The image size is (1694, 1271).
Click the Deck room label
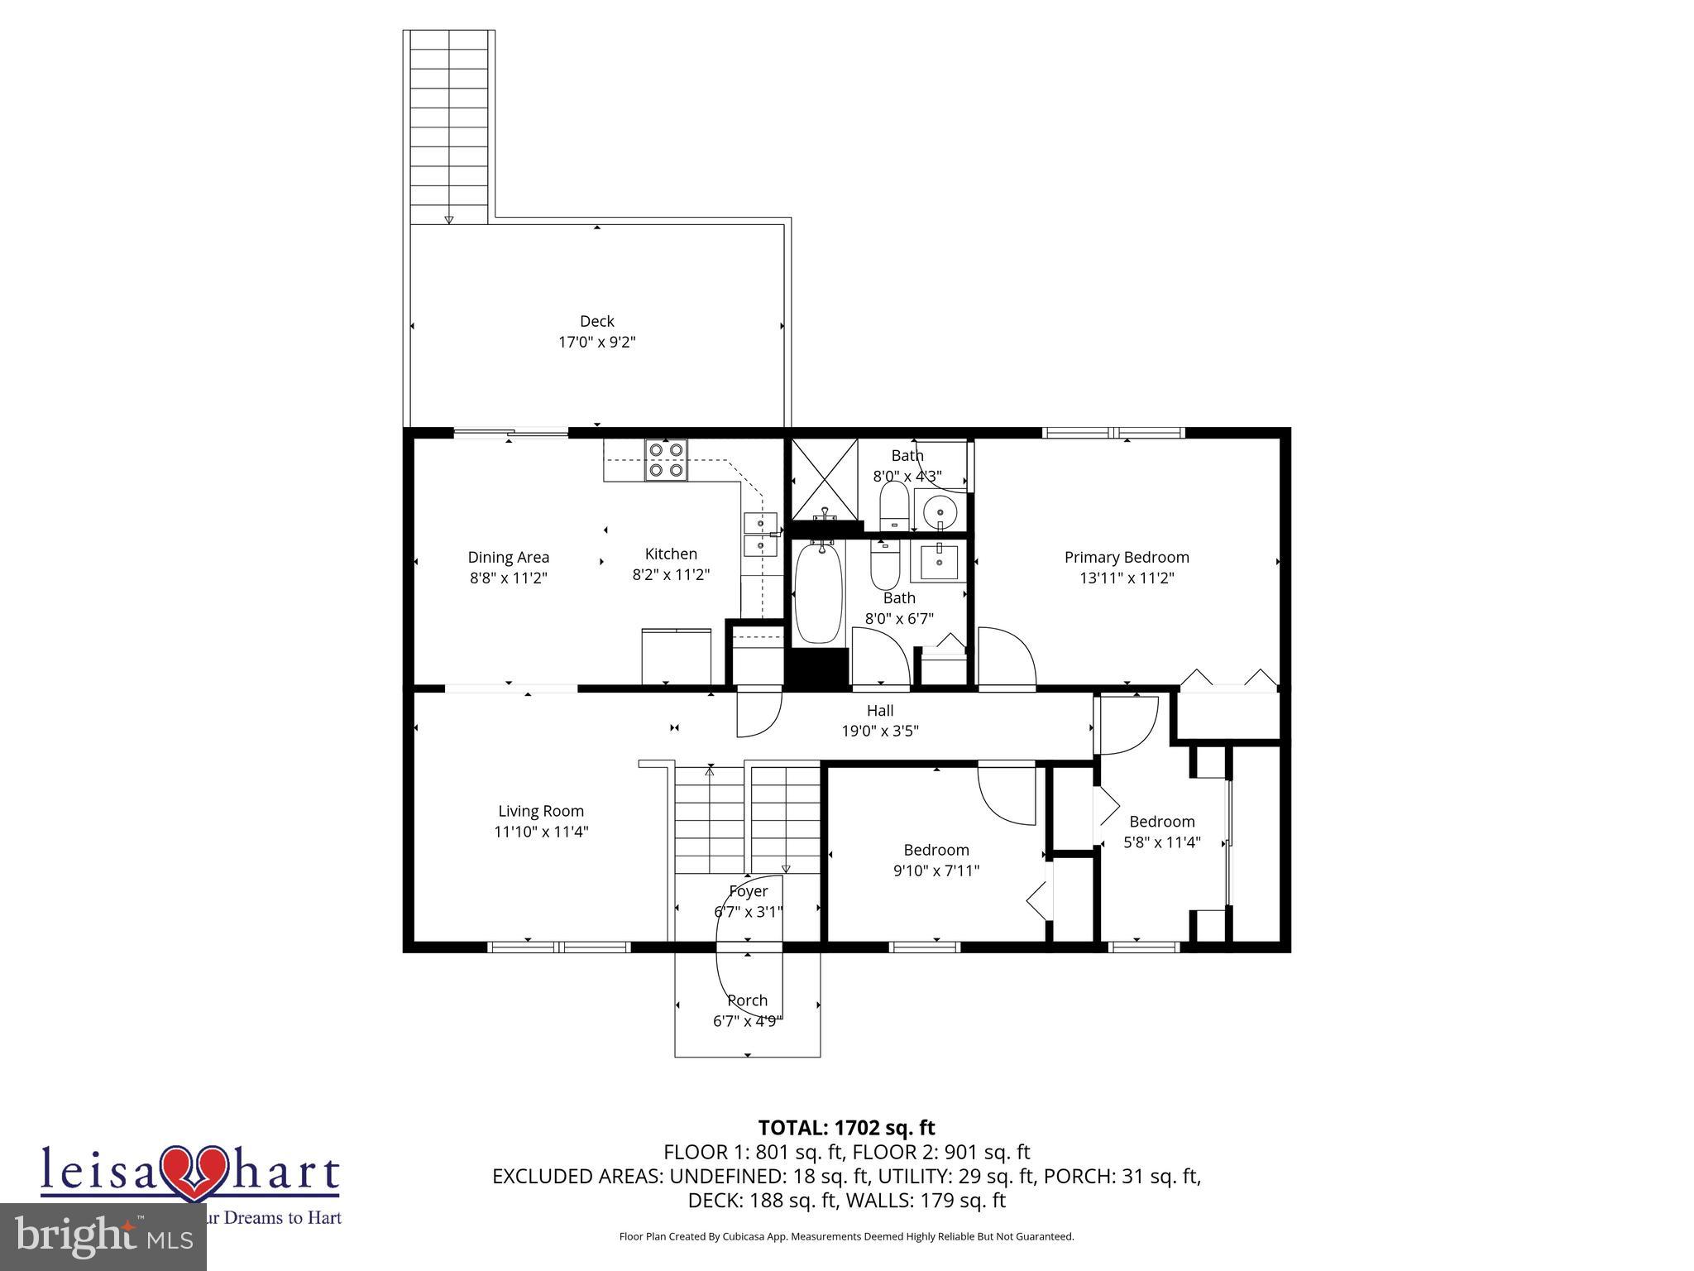coord(596,321)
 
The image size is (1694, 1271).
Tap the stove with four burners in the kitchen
coord(666,460)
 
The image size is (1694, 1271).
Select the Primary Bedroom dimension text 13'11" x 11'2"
coord(1127,578)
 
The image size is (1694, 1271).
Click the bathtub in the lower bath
coord(818,592)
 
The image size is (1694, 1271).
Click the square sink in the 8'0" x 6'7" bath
coord(939,563)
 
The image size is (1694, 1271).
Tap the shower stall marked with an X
coord(824,480)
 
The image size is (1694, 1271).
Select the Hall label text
coord(880,710)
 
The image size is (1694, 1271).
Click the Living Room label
coord(541,811)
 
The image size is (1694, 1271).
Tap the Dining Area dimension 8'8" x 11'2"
coord(509,578)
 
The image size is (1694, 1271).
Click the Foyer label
coord(748,891)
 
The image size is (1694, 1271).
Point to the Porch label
coord(747,1000)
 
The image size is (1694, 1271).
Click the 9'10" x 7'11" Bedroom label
coord(936,850)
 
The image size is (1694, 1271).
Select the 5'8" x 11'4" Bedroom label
coord(1162,822)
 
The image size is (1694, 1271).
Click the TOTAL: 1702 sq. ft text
coord(846,1128)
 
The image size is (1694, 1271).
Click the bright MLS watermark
coord(103,1237)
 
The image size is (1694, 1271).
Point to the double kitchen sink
coord(761,535)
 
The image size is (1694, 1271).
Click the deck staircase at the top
coord(448,124)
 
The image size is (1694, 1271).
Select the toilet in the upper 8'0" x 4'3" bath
coord(893,505)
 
